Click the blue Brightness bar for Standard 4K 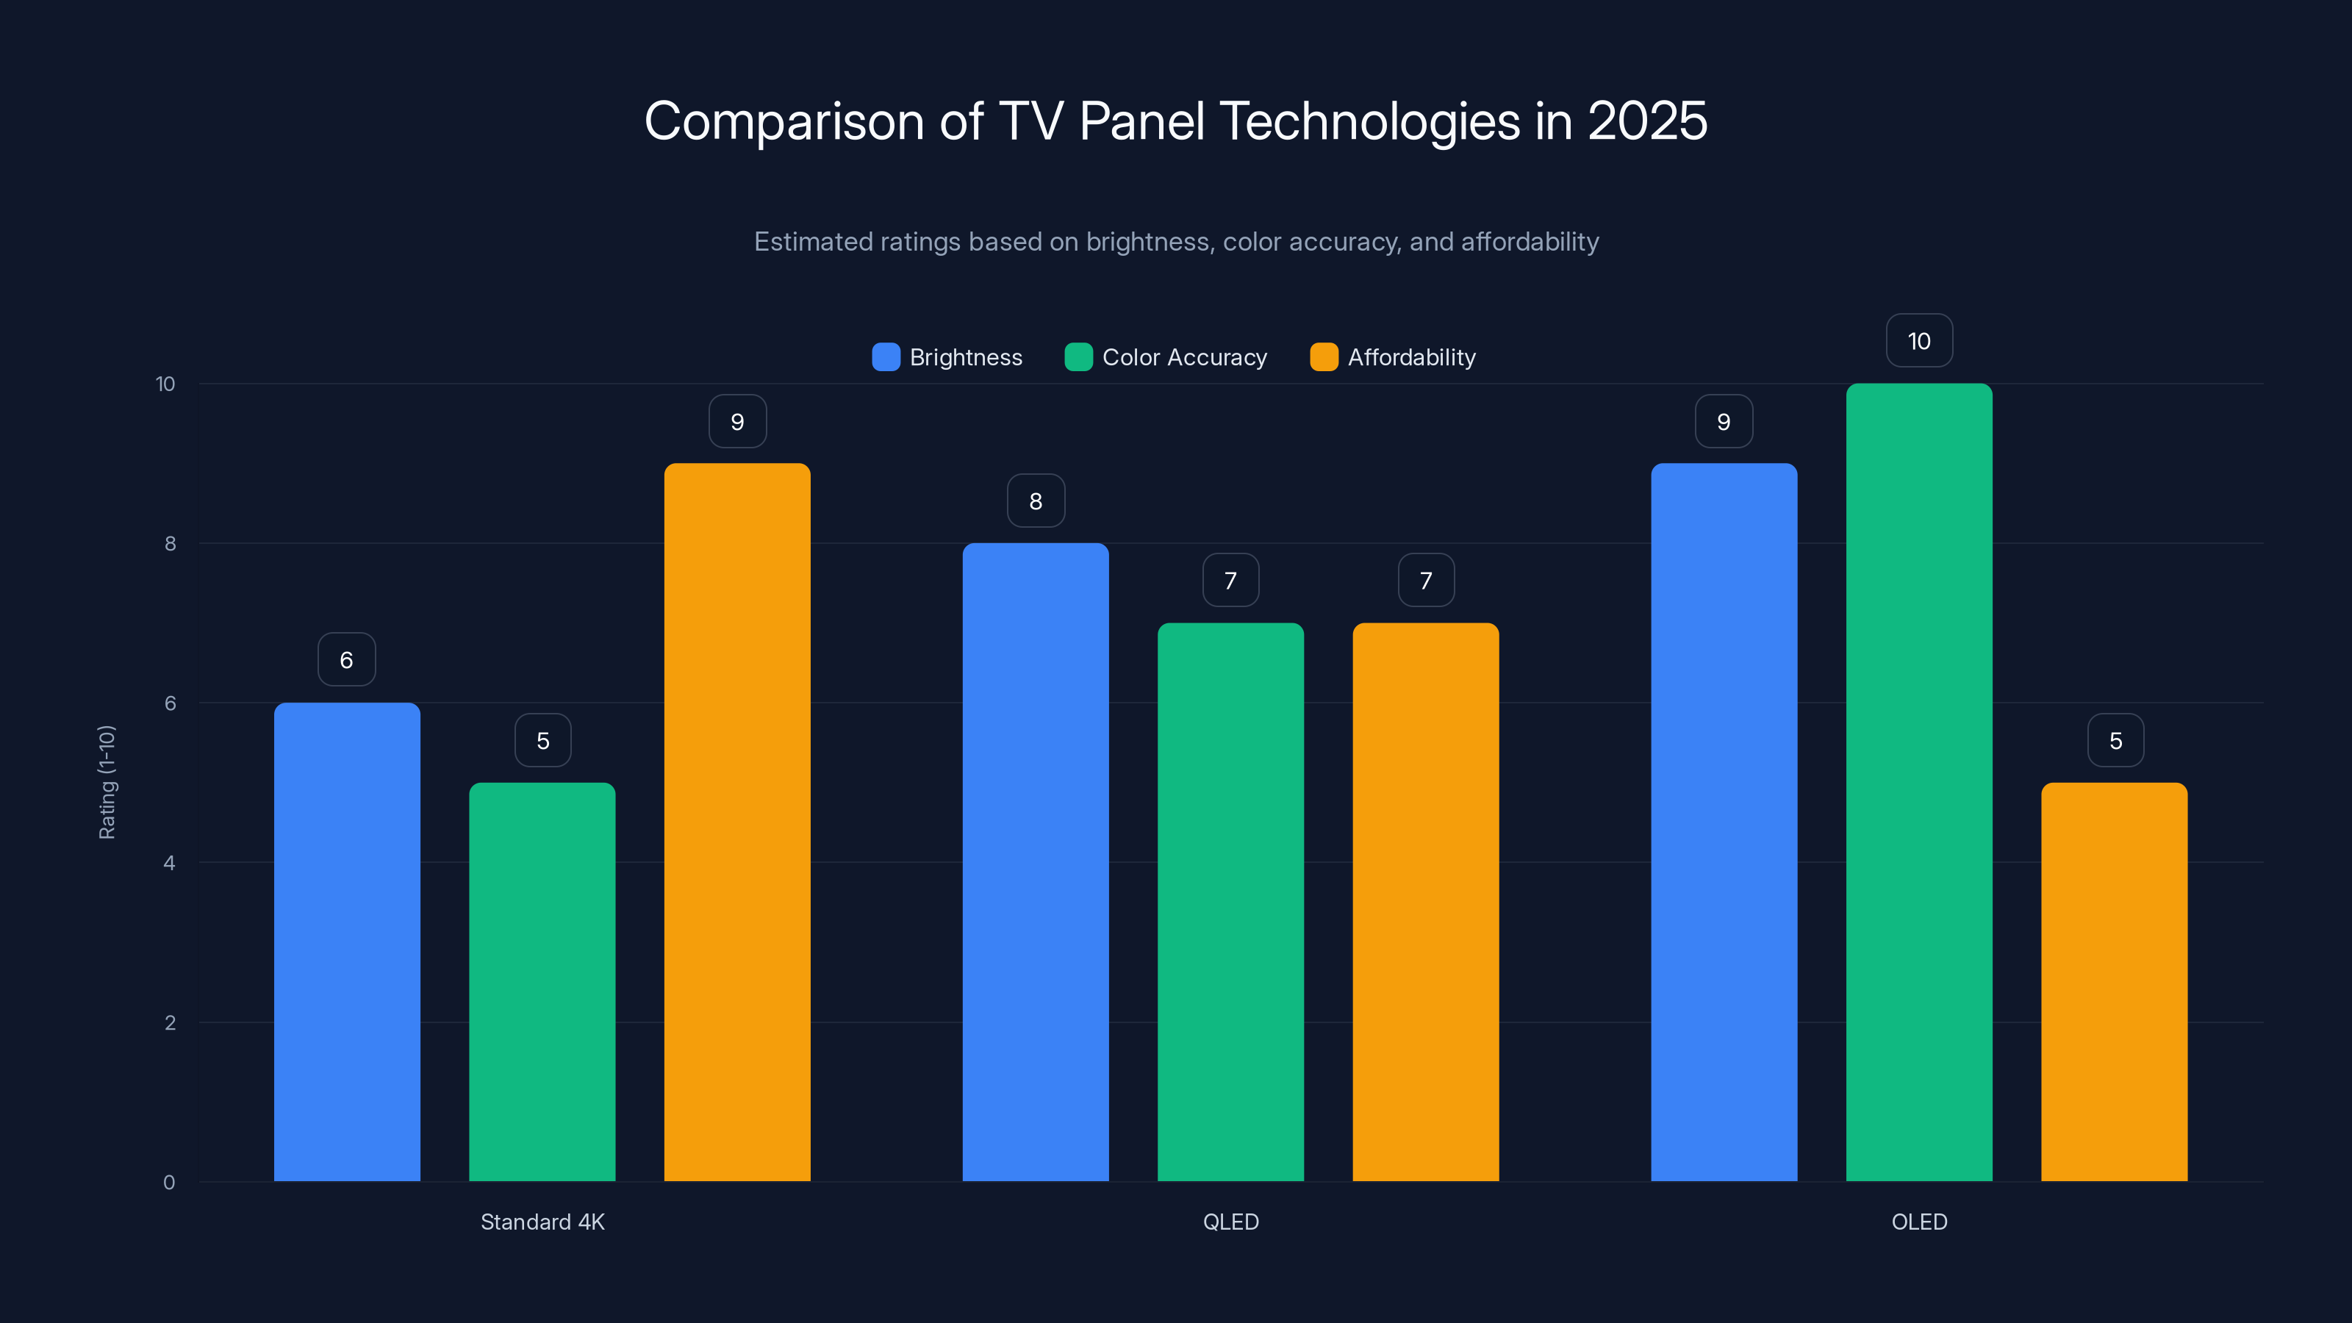(347, 942)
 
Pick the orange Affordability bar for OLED (2114, 981)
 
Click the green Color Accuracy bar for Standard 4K (542, 981)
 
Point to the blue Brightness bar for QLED (1036, 862)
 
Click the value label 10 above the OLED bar (1919, 342)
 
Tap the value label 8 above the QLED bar (1036, 501)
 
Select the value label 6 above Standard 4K (347, 660)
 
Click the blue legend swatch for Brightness (886, 357)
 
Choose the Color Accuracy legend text (1184, 357)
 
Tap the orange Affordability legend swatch (1324, 357)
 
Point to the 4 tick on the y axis (169, 863)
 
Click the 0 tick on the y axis (169, 1183)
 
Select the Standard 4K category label (542, 1222)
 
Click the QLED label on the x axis (1231, 1222)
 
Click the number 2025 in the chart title (1646, 121)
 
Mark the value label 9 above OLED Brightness (1724, 422)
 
